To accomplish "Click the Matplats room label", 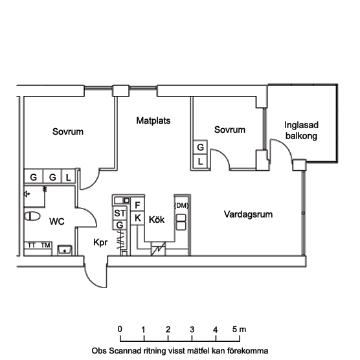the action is (153, 120).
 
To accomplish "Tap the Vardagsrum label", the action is (248, 214).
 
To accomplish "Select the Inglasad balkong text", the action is (301, 130).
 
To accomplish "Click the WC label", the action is (57, 221).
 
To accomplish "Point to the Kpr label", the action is (100, 242).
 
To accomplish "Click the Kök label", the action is (157, 219).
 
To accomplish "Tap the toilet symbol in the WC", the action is (32, 216).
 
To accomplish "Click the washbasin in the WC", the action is (65, 250).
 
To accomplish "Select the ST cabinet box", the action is (120, 213).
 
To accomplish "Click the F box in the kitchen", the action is (137, 205).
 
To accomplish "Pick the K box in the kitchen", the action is (137, 218).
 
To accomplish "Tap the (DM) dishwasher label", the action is (181, 205).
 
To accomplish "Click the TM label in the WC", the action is (45, 245).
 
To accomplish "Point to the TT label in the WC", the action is (31, 245).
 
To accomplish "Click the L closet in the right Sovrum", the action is (200, 162).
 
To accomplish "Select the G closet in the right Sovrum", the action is (200, 147).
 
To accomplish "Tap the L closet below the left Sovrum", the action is (68, 177).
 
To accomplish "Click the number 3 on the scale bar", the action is (192, 330).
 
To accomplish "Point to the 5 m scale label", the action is (239, 330).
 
